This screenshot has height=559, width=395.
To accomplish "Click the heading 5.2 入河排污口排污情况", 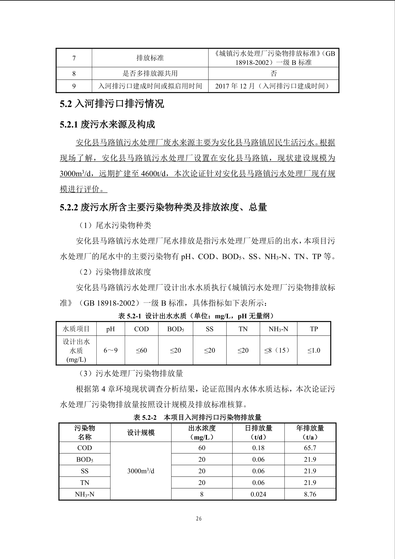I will tap(112, 104).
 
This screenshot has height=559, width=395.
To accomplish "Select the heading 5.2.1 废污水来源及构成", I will tap(107, 124).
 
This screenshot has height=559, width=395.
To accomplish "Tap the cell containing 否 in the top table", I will tap(273, 73).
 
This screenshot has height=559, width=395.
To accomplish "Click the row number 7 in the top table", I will tap(74, 58).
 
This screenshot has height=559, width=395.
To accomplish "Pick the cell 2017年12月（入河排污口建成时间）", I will tap(273, 86).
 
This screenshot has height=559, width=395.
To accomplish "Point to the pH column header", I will tap(110, 329).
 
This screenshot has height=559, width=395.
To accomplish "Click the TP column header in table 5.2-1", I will tap(314, 329).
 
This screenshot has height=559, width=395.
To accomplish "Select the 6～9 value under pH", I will tap(110, 350).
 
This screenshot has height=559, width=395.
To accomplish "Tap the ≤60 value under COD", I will tap(141, 350).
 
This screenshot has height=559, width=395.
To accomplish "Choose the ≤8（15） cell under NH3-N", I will tap(278, 350).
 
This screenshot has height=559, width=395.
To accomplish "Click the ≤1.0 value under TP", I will tap(314, 350).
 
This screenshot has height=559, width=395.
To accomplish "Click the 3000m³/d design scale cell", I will tap(141, 471).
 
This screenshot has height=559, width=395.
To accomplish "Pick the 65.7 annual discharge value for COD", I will tap(310, 448).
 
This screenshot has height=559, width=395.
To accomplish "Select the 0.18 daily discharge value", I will tap(258, 448).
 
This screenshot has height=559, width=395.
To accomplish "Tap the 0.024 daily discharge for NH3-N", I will tap(258, 494).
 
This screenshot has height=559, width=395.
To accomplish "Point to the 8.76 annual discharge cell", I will tap(310, 494).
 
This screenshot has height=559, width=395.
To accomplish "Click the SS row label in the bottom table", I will tap(85, 471).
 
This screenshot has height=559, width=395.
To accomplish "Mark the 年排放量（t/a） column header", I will tap(310, 433).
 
